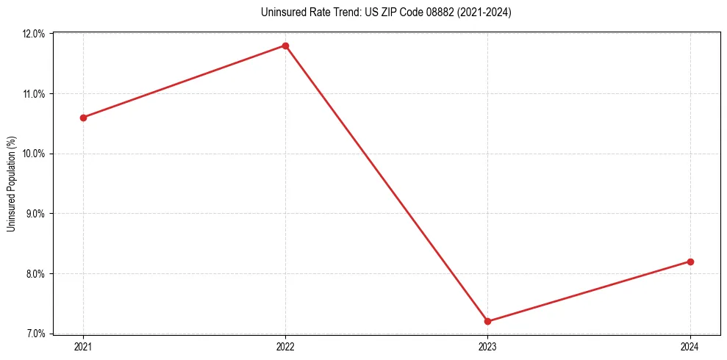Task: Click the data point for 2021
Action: [83, 118]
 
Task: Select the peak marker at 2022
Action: [285, 46]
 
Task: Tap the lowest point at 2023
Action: [487, 321]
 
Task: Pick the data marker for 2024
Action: [690, 262]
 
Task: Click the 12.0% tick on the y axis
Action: [34, 34]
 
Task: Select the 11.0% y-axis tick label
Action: [34, 94]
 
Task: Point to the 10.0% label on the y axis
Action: [34, 154]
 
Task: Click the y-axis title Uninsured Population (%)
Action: [11, 184]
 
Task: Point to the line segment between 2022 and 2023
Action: [386, 184]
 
